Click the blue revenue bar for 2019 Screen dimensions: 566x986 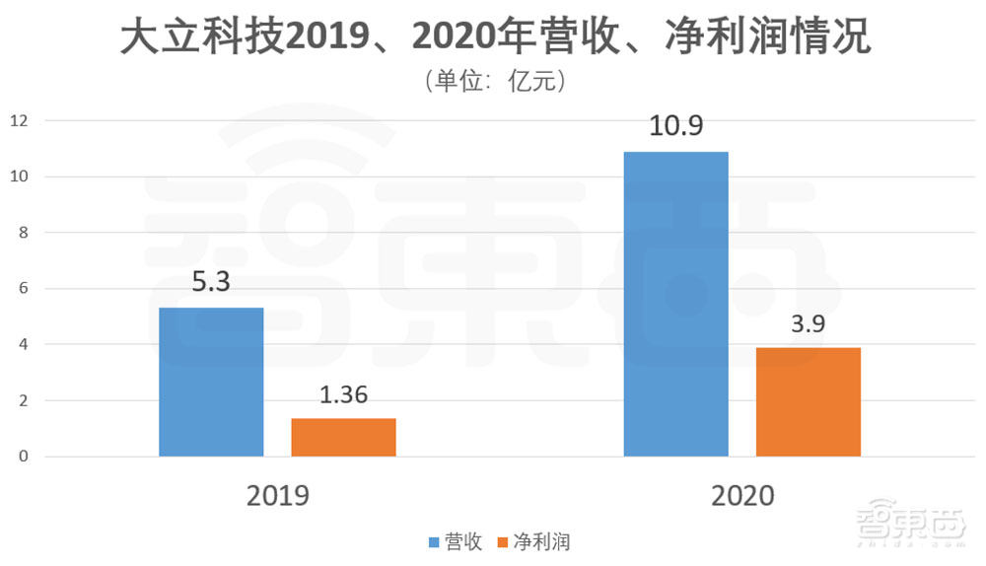(211, 383)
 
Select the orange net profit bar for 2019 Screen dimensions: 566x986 (343, 438)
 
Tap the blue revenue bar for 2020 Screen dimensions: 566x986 (676, 304)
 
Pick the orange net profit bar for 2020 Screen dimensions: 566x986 (809, 402)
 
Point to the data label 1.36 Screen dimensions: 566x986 (344, 396)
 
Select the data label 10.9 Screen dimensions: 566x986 (676, 128)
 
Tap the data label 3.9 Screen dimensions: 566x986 (809, 324)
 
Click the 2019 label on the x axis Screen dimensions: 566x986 (277, 495)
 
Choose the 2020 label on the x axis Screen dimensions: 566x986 (742, 495)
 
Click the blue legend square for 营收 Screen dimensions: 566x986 (434, 542)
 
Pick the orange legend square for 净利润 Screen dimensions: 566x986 (503, 542)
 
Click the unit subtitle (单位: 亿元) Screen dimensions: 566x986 (493, 81)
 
